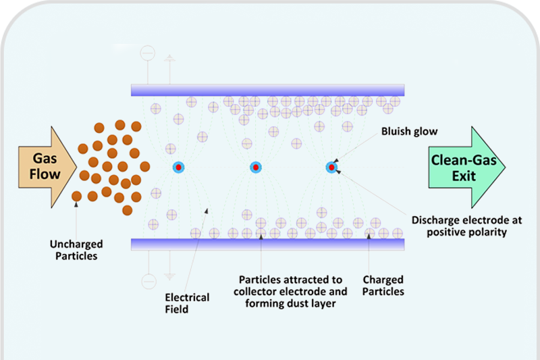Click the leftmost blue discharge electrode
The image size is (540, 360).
(178, 167)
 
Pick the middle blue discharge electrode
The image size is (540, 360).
(256, 167)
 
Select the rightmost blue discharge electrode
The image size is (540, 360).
(332, 167)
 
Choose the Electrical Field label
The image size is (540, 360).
(187, 303)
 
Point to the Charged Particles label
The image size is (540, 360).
(383, 286)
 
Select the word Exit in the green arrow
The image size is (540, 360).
(464, 176)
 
